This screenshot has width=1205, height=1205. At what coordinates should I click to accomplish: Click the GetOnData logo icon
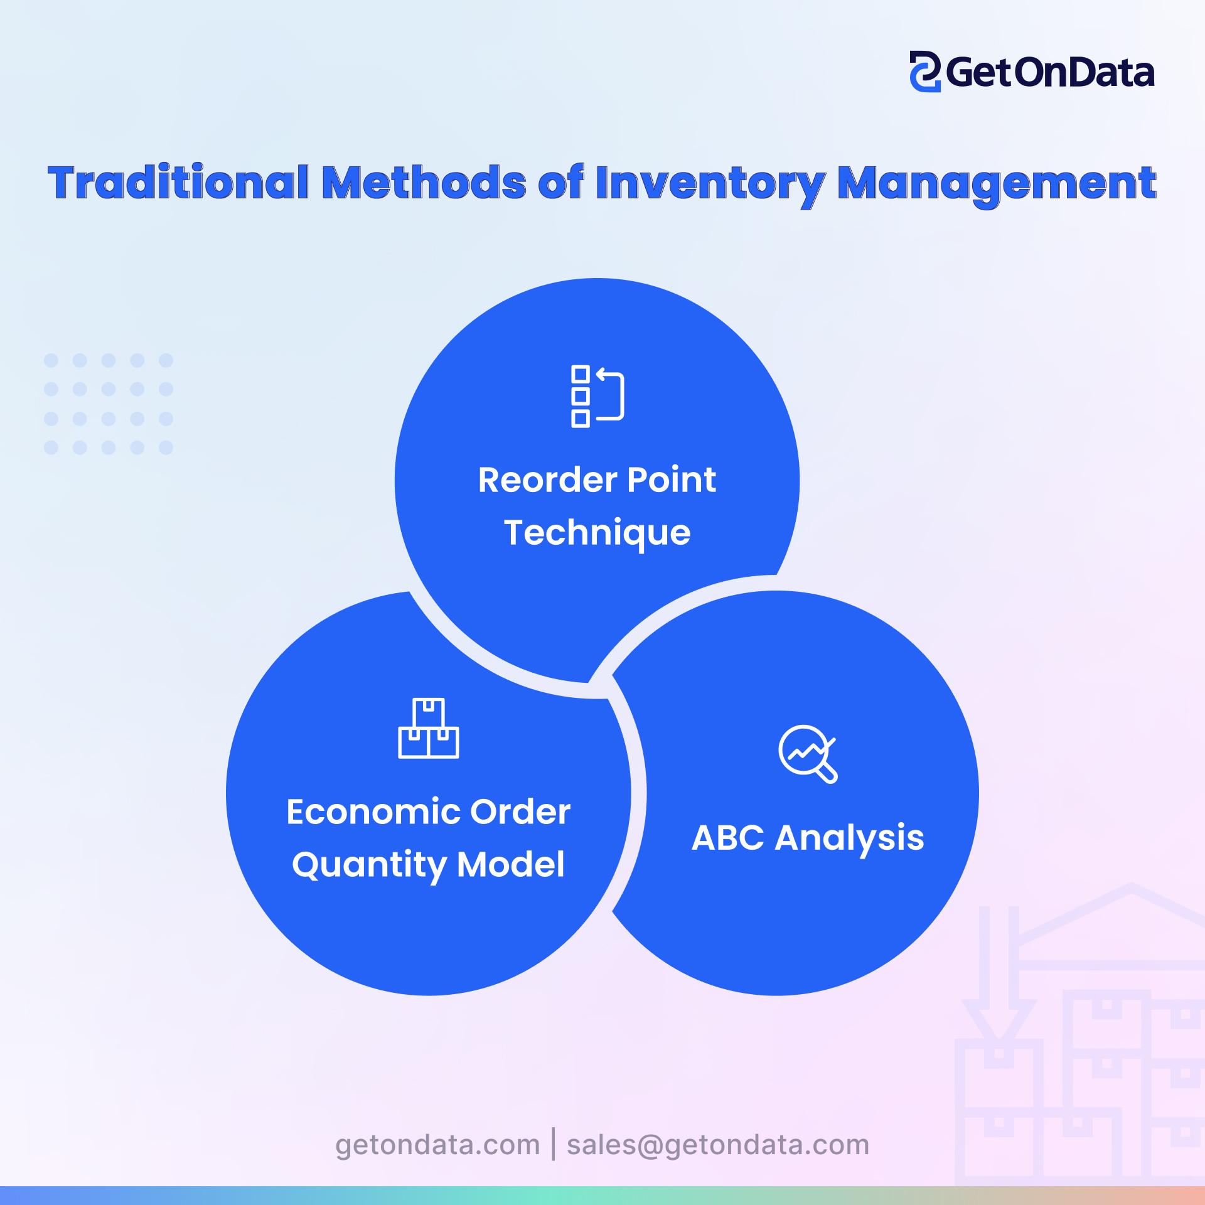pos(924,72)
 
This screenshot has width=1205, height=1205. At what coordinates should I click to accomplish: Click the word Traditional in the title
pos(178,183)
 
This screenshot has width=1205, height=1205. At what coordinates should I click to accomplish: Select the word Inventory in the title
pos(709,183)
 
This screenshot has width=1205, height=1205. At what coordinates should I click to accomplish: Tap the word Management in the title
pos(997,183)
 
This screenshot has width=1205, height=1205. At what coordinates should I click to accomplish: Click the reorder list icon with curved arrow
pos(597,397)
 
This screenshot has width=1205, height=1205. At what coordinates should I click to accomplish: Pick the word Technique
pos(597,533)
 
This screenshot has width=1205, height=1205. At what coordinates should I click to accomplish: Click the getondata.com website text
pos(437,1145)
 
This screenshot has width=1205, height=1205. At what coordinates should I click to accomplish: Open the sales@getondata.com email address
pos(718,1145)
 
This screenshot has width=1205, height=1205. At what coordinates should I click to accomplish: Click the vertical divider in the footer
pos(554,1144)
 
